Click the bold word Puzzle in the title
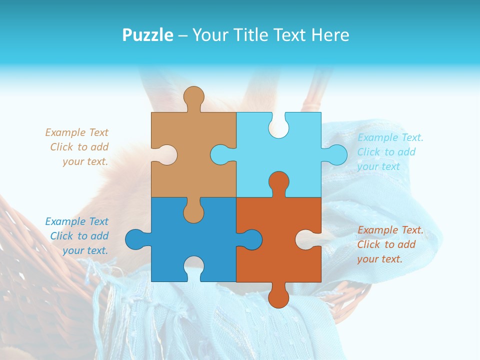pos(148,35)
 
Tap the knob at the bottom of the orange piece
pos(278,295)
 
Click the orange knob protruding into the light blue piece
pos(278,182)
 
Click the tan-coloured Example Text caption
pos(77,147)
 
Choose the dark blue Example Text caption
pos(77,236)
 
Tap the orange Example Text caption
pos(390,244)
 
